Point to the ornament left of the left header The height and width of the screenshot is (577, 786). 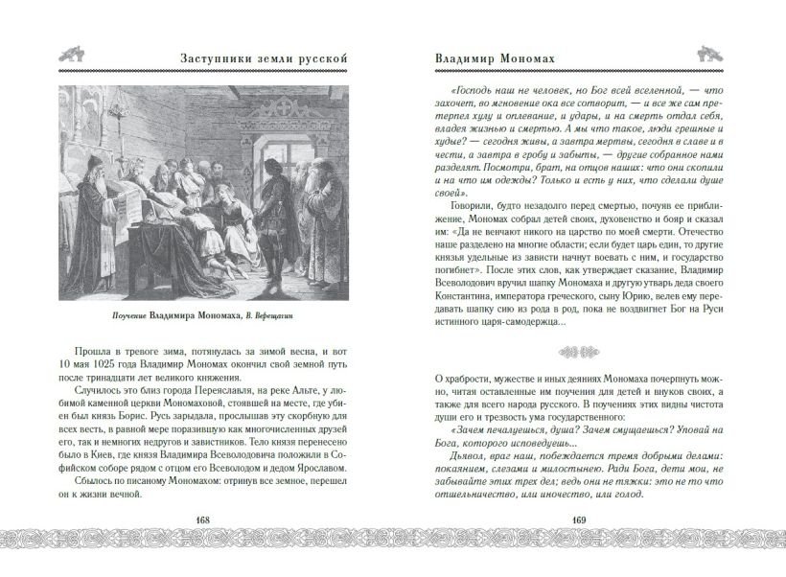73,57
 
